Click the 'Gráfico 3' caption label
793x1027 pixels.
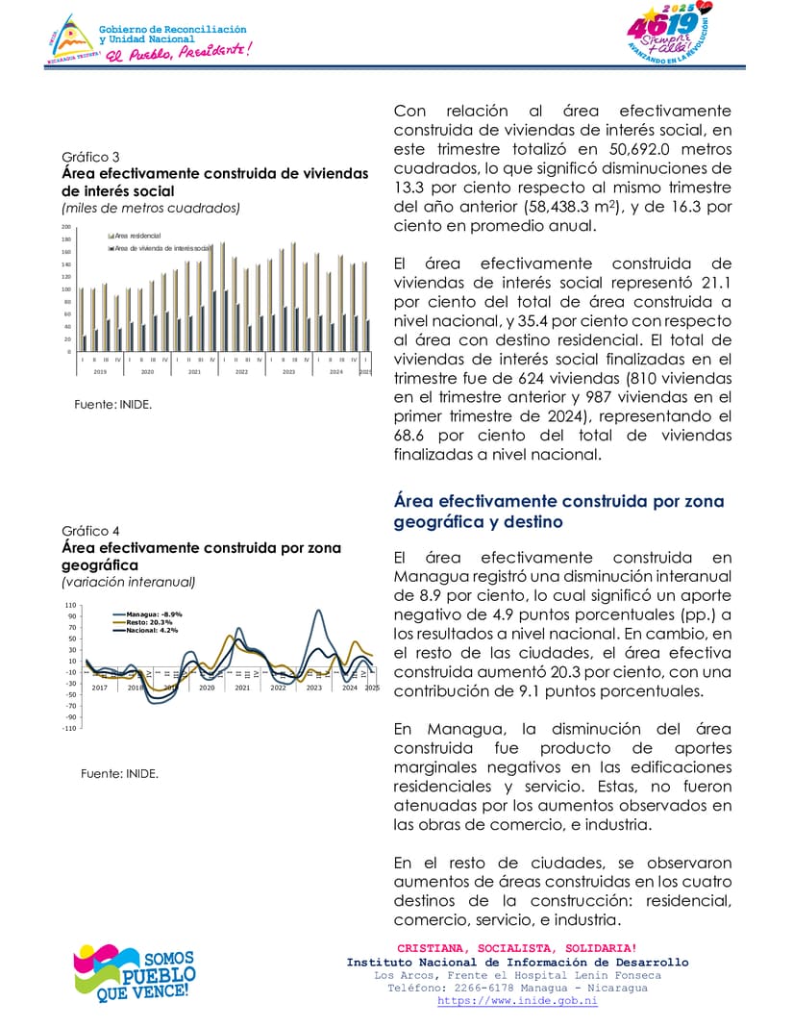point(90,157)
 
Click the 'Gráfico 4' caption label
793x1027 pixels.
point(90,531)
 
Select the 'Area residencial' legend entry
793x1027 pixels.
point(138,236)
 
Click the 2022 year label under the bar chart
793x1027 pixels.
point(241,371)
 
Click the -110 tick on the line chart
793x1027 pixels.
point(69,728)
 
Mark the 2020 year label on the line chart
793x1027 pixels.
point(207,688)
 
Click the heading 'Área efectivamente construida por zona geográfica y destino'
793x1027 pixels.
point(558,512)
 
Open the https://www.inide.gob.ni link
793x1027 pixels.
point(517,1001)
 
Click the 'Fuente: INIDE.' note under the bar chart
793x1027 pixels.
point(112,405)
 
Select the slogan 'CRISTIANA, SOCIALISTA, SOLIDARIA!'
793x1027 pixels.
point(517,948)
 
